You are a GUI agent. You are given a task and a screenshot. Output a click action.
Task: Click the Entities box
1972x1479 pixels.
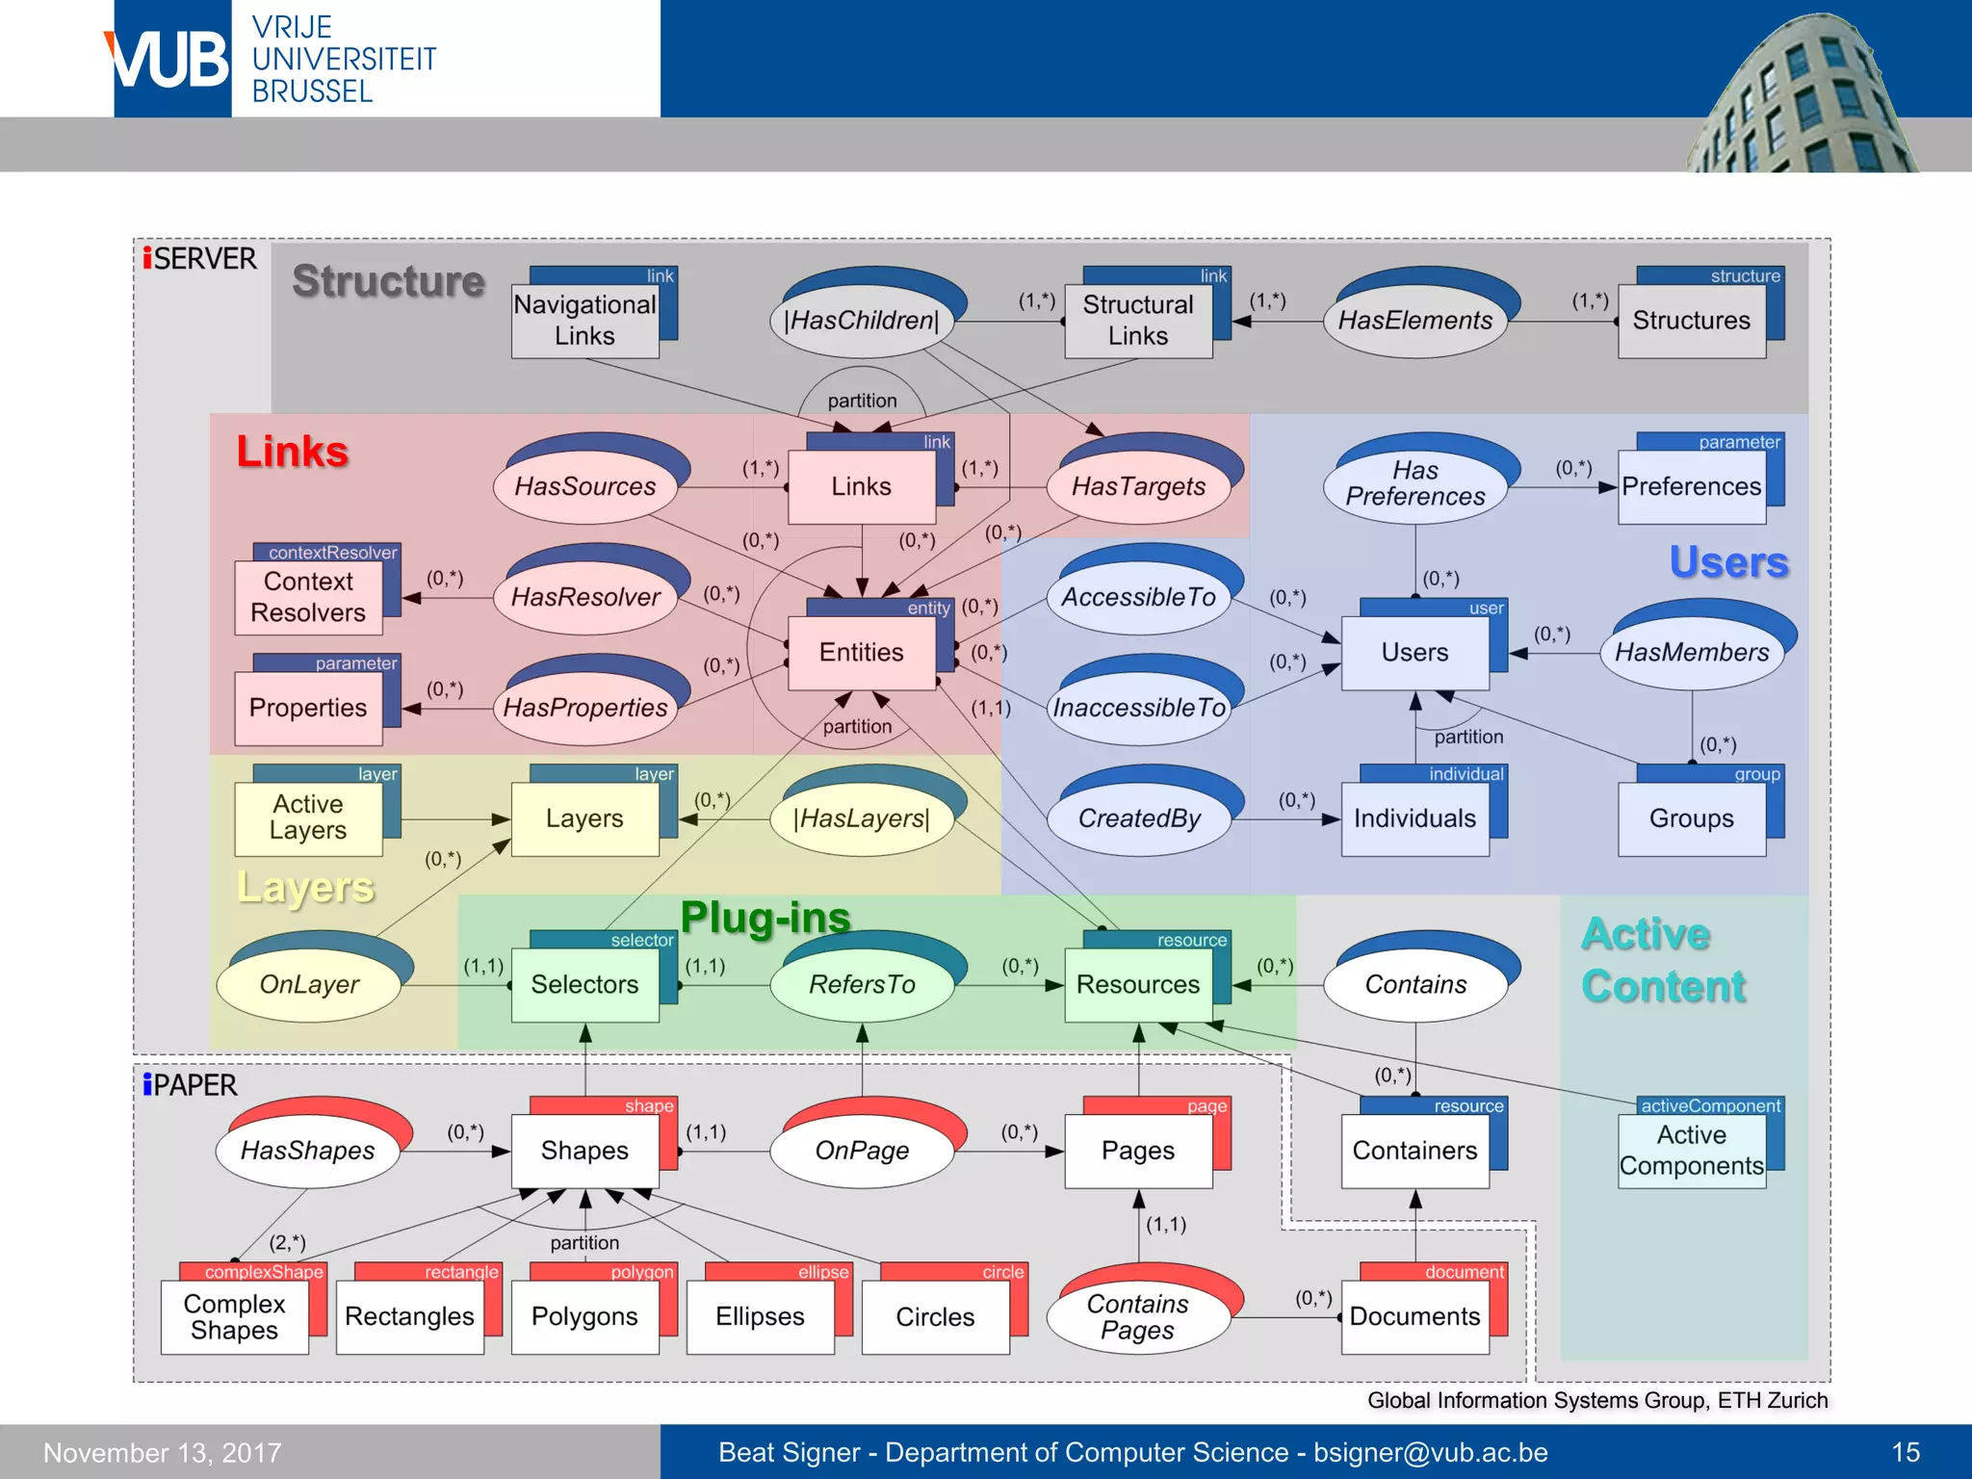click(x=861, y=653)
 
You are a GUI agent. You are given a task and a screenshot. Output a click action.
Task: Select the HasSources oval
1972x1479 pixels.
click(x=584, y=487)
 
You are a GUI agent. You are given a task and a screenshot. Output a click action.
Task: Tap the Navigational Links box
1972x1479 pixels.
click(x=584, y=321)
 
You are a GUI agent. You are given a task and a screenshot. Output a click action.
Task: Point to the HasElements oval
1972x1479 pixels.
click(x=1414, y=321)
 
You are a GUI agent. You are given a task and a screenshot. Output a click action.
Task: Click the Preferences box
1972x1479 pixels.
click(x=1691, y=487)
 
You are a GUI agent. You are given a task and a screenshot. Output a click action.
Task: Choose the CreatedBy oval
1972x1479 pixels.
click(x=1138, y=819)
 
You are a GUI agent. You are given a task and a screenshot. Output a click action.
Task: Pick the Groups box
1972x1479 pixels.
click(x=1691, y=819)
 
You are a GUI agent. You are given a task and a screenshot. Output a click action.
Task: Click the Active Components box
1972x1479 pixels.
click(x=1691, y=1151)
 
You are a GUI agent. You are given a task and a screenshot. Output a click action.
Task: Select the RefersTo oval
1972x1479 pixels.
click(x=861, y=985)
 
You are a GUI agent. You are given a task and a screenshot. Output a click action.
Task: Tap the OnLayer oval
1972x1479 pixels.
click(x=308, y=985)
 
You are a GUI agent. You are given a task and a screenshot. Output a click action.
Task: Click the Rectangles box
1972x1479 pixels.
click(x=409, y=1316)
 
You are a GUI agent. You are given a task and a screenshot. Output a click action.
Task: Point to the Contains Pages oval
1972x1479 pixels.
click(x=1137, y=1316)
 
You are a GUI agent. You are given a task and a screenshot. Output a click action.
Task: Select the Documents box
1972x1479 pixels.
click(x=1414, y=1316)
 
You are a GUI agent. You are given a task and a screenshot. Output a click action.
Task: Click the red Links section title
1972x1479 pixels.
click(x=293, y=452)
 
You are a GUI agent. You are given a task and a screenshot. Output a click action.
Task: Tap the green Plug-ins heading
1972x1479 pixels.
click(x=765, y=918)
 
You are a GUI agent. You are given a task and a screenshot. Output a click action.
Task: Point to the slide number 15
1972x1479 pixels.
click(x=1906, y=1452)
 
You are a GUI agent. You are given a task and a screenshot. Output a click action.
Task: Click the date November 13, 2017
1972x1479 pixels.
click(x=163, y=1452)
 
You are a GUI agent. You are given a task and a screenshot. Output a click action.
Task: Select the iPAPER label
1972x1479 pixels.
click(x=190, y=1085)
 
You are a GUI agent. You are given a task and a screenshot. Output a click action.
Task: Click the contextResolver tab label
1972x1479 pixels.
click(x=332, y=553)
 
